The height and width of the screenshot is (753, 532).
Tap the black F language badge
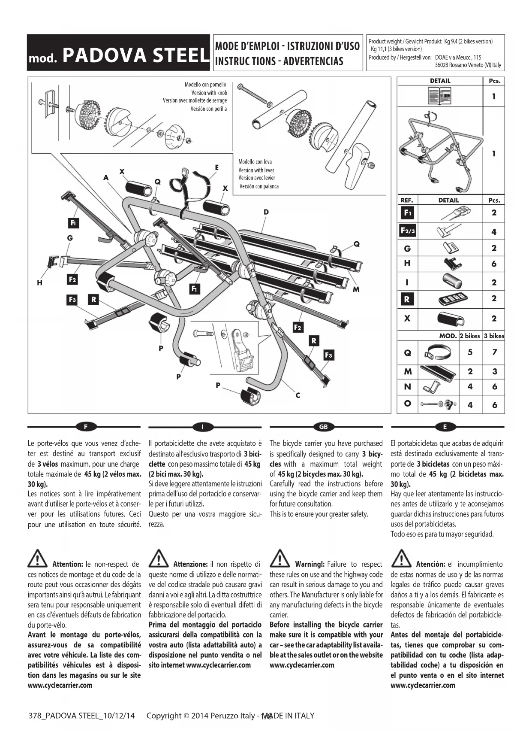pos(86,427)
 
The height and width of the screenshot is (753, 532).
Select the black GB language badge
pos(323,427)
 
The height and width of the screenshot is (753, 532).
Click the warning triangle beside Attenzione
pos(159,559)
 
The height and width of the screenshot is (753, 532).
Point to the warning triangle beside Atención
pos(401,559)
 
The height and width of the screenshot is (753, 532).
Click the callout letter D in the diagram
pos(266,212)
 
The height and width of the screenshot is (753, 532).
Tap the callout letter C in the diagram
pos(298,395)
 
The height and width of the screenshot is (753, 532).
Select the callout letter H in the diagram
pos(39,283)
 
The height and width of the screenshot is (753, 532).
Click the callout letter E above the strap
pos(217,167)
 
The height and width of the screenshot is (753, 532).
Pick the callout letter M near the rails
pos(356,289)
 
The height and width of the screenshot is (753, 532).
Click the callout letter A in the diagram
pos(106,177)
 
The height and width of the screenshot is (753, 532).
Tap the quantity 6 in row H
pos(494,264)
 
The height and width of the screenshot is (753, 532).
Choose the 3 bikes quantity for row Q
pos(494,352)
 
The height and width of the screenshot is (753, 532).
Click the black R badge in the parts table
pos(407,299)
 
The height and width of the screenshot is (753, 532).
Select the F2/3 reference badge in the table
pos(407,231)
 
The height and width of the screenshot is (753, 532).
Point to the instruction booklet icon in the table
pos(440,96)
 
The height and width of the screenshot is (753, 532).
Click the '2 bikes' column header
pos(470,336)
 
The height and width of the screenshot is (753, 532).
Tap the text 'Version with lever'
pos(256,170)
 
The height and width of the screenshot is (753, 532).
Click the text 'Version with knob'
pos(209,93)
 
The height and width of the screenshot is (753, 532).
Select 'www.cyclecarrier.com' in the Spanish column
pos(423,685)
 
